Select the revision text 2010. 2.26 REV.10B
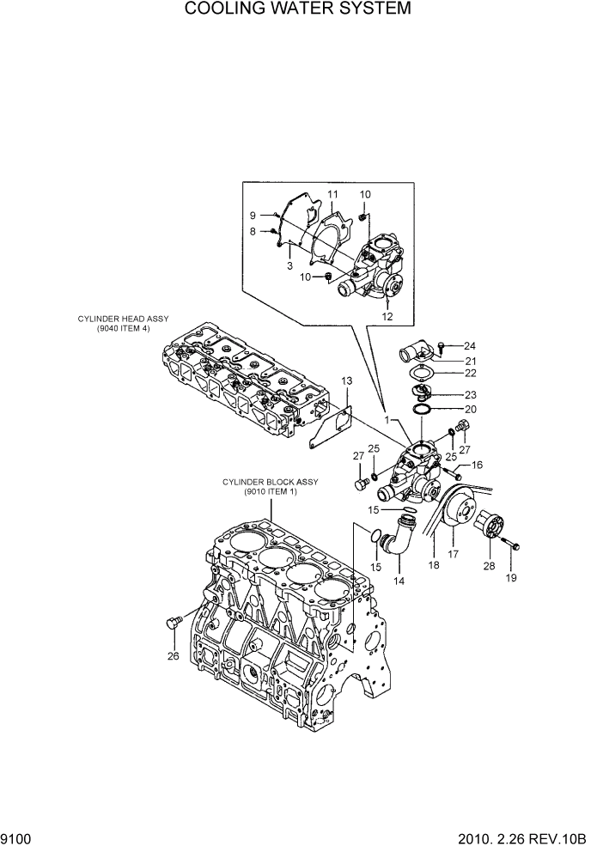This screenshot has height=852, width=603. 522,837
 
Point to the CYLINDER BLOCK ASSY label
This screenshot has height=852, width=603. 270,486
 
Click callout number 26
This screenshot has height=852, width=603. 174,658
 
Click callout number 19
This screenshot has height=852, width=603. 510,579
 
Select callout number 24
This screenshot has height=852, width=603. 470,346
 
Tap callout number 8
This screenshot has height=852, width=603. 253,231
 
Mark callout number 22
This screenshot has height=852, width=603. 470,373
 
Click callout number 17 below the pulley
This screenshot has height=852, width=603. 454,556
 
